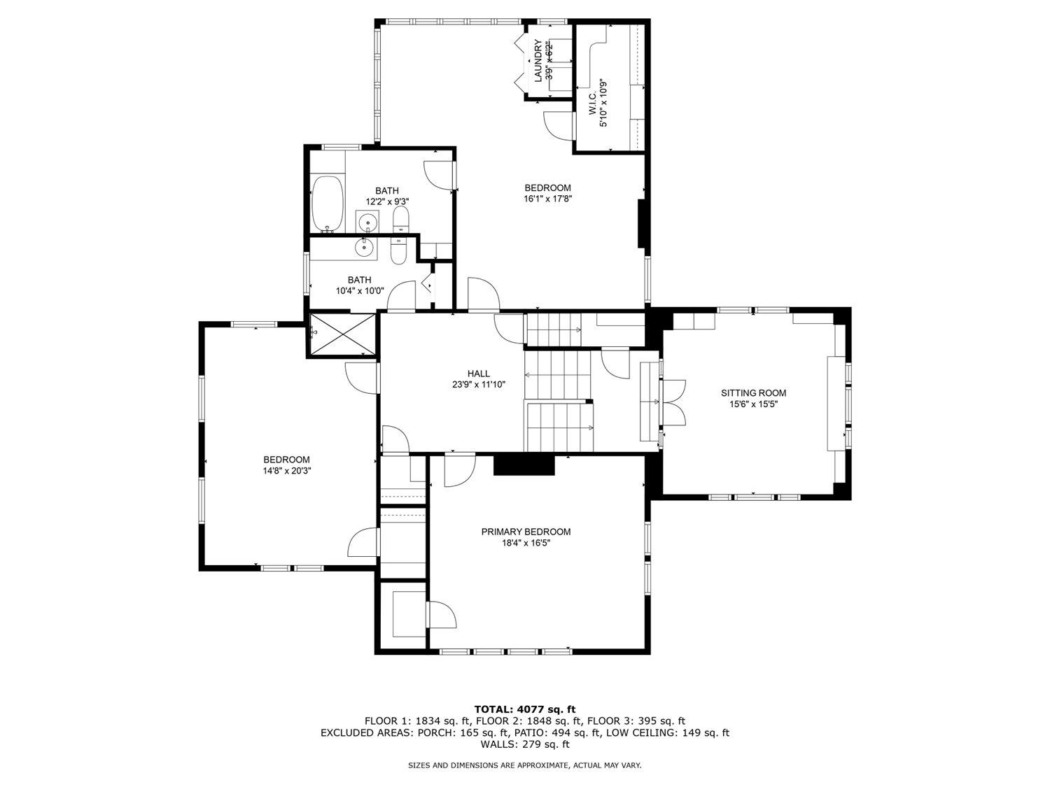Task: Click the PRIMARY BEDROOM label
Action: click(x=526, y=532)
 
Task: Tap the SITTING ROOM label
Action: click(x=753, y=393)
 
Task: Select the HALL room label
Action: click(x=478, y=374)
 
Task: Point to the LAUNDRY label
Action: click(x=538, y=61)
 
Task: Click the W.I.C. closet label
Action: click(x=592, y=104)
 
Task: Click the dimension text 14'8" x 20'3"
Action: click(x=286, y=471)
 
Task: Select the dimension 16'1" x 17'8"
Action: click(x=547, y=199)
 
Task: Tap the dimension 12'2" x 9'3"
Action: click(x=387, y=201)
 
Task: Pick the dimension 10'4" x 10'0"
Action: click(x=359, y=290)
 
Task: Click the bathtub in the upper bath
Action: click(x=328, y=204)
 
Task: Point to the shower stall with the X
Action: click(x=342, y=334)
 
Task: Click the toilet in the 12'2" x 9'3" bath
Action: click(x=400, y=220)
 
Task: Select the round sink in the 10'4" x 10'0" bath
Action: click(x=364, y=247)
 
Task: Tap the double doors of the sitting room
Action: click(x=673, y=402)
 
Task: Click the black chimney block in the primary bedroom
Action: click(x=524, y=465)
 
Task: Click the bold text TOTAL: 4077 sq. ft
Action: click(x=525, y=709)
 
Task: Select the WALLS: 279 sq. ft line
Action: click(x=525, y=744)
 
